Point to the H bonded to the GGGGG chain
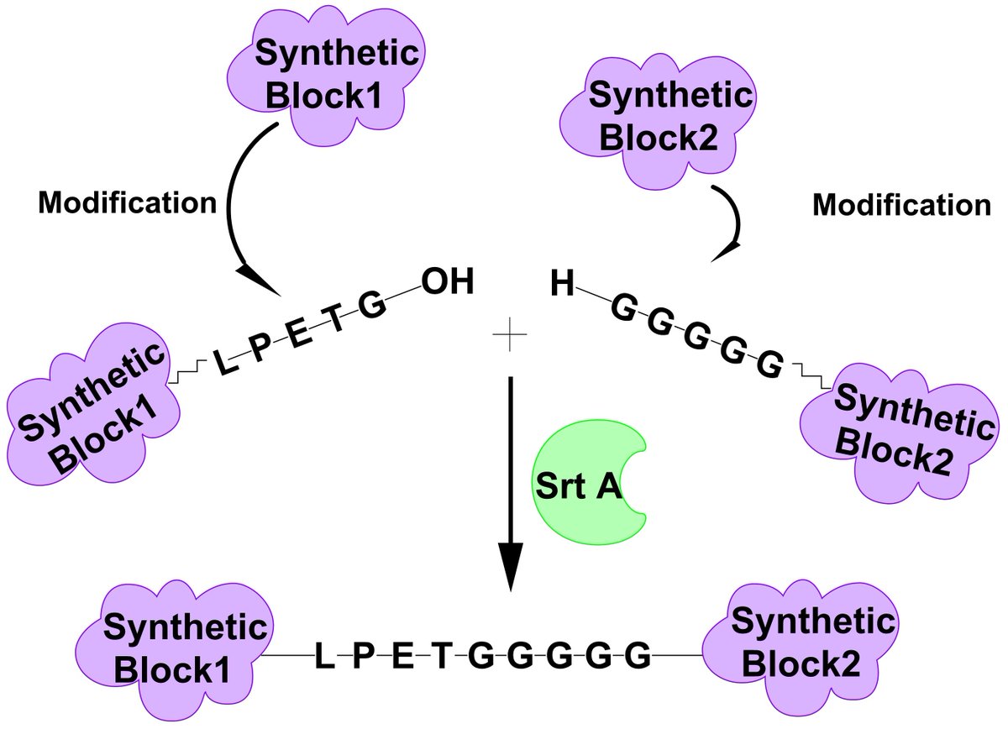coord(562,285)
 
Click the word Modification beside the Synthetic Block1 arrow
coord(126,202)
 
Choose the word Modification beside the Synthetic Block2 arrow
coord(901,205)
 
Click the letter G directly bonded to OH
coord(370,303)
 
